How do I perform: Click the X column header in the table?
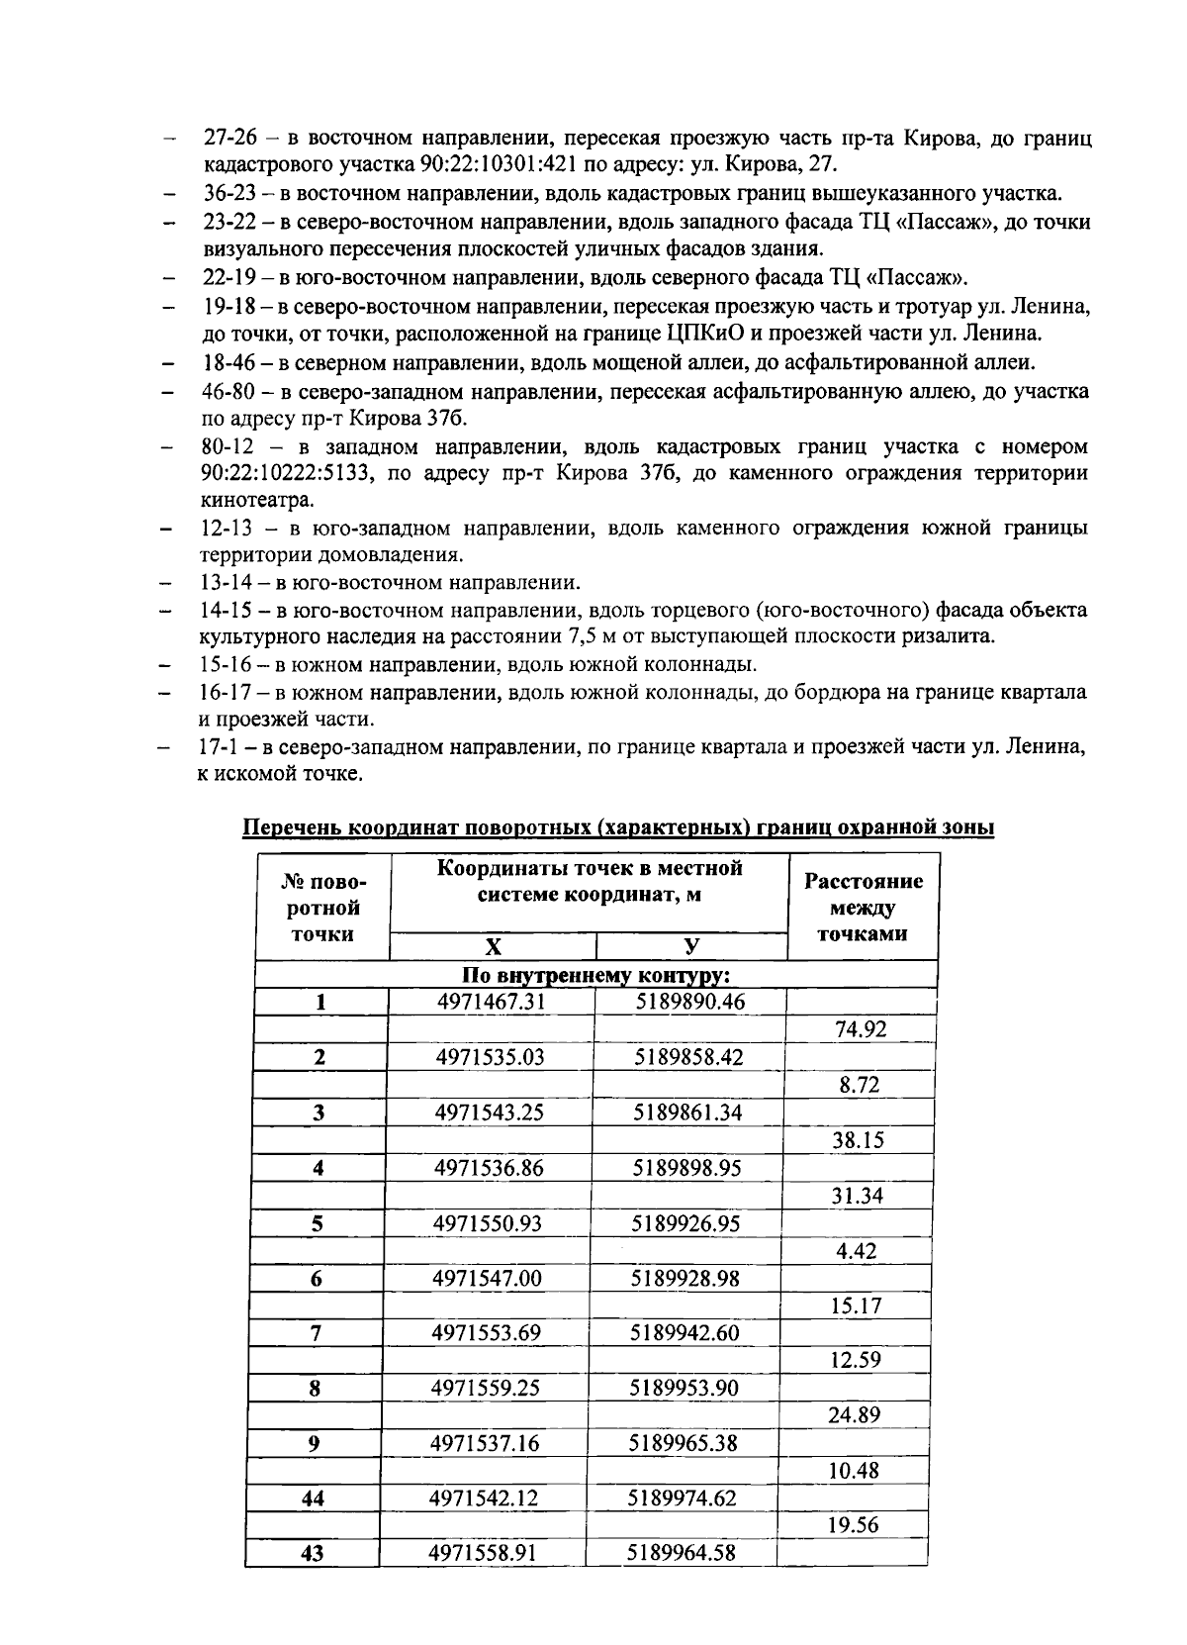click(x=492, y=945)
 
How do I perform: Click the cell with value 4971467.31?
click(x=492, y=1002)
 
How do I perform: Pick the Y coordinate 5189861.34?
click(x=687, y=1113)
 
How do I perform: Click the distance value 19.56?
click(x=854, y=1525)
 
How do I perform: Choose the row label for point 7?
click(x=316, y=1333)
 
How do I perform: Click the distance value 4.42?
click(x=857, y=1251)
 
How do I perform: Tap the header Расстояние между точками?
click(x=863, y=907)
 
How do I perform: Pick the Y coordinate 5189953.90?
click(x=685, y=1389)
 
